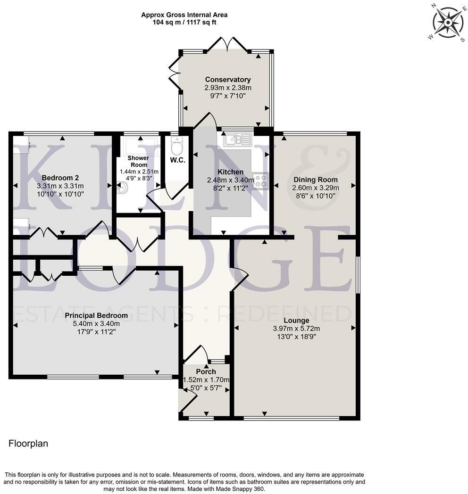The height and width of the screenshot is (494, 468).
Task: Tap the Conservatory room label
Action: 227,80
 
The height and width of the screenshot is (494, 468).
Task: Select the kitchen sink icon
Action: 238,140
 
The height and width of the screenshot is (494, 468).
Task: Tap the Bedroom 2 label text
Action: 60,178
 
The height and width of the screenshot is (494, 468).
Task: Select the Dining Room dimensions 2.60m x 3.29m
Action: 316,187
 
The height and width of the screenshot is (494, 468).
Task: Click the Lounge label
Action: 294,321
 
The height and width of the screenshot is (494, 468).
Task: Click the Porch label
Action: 206,372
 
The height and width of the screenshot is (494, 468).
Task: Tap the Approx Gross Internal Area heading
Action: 184,15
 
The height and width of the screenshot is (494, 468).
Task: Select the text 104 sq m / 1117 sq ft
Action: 184,22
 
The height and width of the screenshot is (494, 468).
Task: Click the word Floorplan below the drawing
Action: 28,444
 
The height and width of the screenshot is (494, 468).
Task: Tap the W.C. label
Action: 177,160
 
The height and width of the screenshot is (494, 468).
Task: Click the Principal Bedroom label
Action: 96,315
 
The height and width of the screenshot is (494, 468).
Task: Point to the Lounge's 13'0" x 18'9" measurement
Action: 294,337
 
